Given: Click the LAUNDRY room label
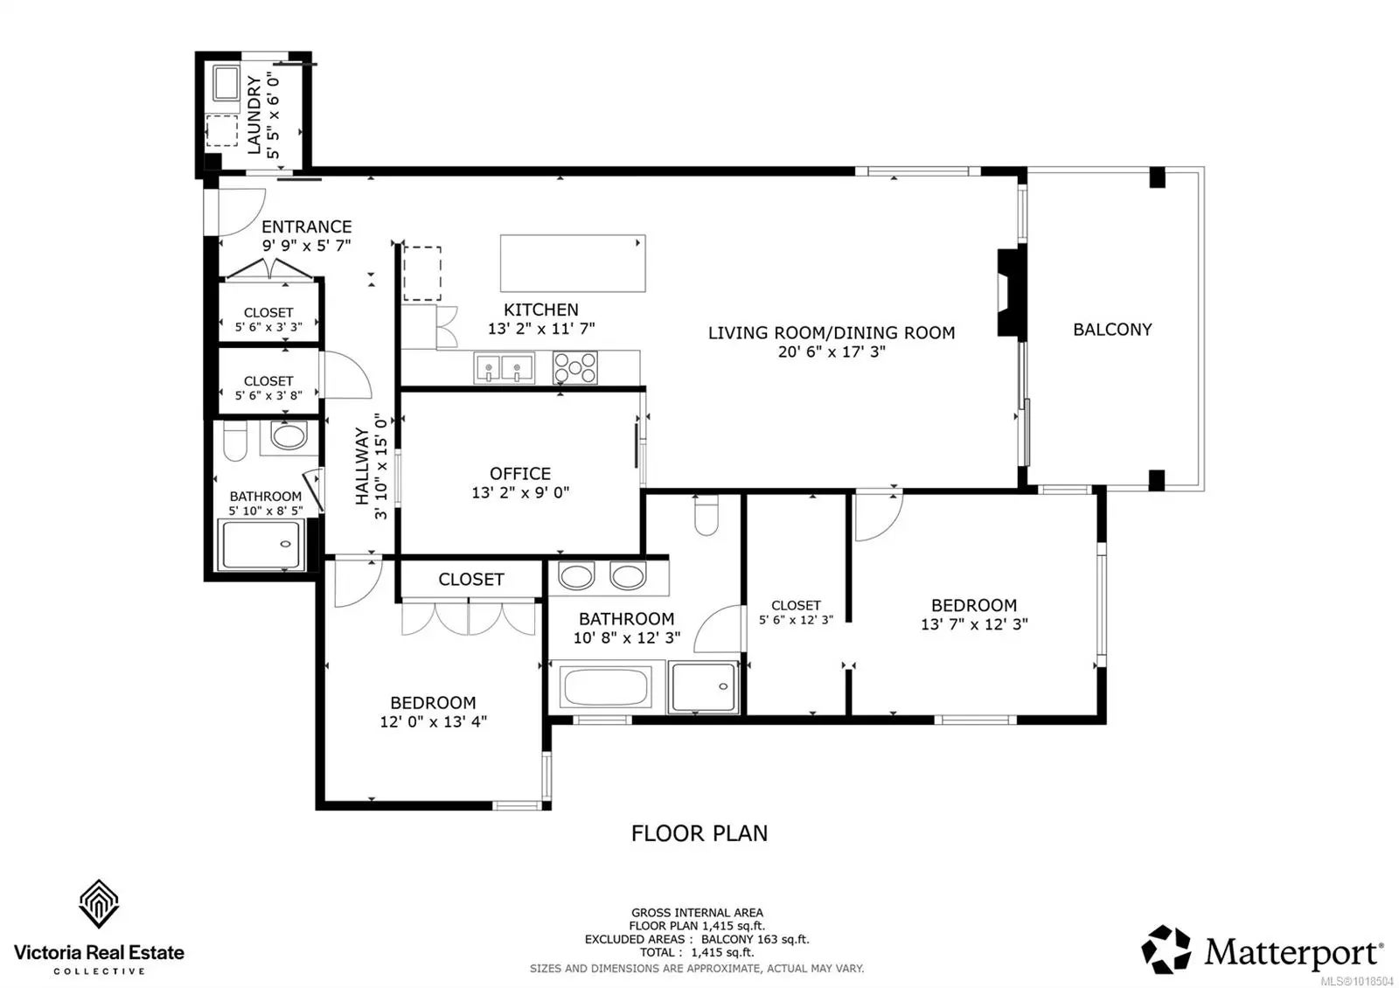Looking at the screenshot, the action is pyautogui.click(x=254, y=115).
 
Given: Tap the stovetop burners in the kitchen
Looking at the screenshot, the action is pyautogui.click(x=574, y=367).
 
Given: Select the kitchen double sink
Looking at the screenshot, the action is pyautogui.click(x=504, y=367).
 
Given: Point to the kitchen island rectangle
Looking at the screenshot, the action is pyautogui.click(x=573, y=263).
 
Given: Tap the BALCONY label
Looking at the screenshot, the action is pyautogui.click(x=1112, y=329).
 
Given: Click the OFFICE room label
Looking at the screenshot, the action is pyautogui.click(x=520, y=473).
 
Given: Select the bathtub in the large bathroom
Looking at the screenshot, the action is pyautogui.click(x=606, y=686).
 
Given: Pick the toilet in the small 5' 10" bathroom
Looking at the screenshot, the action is pyautogui.click(x=235, y=441).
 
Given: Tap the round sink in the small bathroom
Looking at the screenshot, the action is pyautogui.click(x=289, y=436).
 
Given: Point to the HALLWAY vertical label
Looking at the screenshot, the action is pyautogui.click(x=362, y=466).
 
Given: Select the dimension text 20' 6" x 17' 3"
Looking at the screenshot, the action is pyautogui.click(x=832, y=351).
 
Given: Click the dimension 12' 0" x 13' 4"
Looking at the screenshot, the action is pyautogui.click(x=434, y=721).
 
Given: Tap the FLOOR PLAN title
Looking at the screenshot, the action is pyautogui.click(x=699, y=833).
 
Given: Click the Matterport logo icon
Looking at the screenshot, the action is pyautogui.click(x=1166, y=950).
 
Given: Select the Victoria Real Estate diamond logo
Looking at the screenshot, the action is pyautogui.click(x=99, y=904).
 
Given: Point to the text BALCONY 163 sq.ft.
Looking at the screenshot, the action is pyautogui.click(x=755, y=939).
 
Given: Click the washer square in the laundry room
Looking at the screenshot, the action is pyautogui.click(x=226, y=82).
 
